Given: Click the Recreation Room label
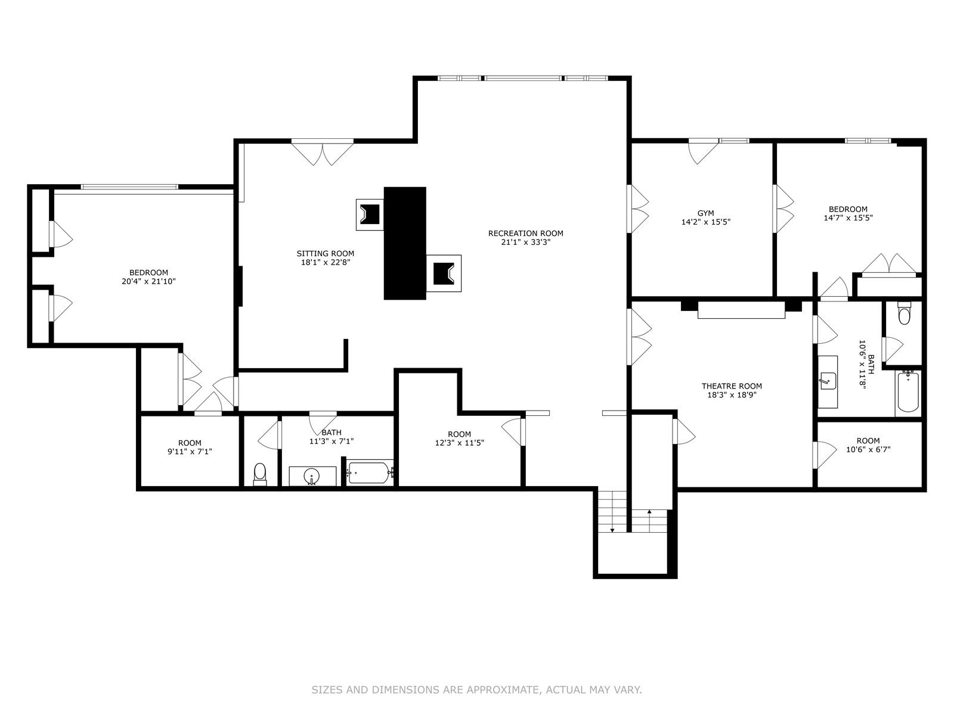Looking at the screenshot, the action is tap(525, 233).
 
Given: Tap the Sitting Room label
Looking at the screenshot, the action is tap(325, 254).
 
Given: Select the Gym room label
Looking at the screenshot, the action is tap(706, 213).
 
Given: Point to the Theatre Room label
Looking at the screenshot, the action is tap(732, 386).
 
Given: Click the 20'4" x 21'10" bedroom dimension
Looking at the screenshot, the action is tap(148, 281).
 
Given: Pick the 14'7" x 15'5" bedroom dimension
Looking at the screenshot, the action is tap(848, 218).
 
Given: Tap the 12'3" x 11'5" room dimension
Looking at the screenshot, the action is tap(459, 443).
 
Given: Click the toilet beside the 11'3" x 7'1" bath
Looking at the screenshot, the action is tap(260, 474).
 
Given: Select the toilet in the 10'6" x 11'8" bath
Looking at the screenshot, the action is tap(904, 313).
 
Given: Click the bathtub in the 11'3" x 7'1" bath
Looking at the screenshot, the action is tap(370, 472).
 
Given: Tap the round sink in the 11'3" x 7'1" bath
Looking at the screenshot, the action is tap(312, 475).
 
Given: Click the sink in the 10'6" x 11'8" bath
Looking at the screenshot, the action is tap(828, 381).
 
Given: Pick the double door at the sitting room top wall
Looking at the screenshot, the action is tap(322, 153).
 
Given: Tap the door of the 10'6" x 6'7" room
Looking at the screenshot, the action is tap(825, 455).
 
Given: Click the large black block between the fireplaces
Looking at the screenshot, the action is tap(405, 243).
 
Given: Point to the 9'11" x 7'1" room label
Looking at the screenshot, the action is tap(190, 447).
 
